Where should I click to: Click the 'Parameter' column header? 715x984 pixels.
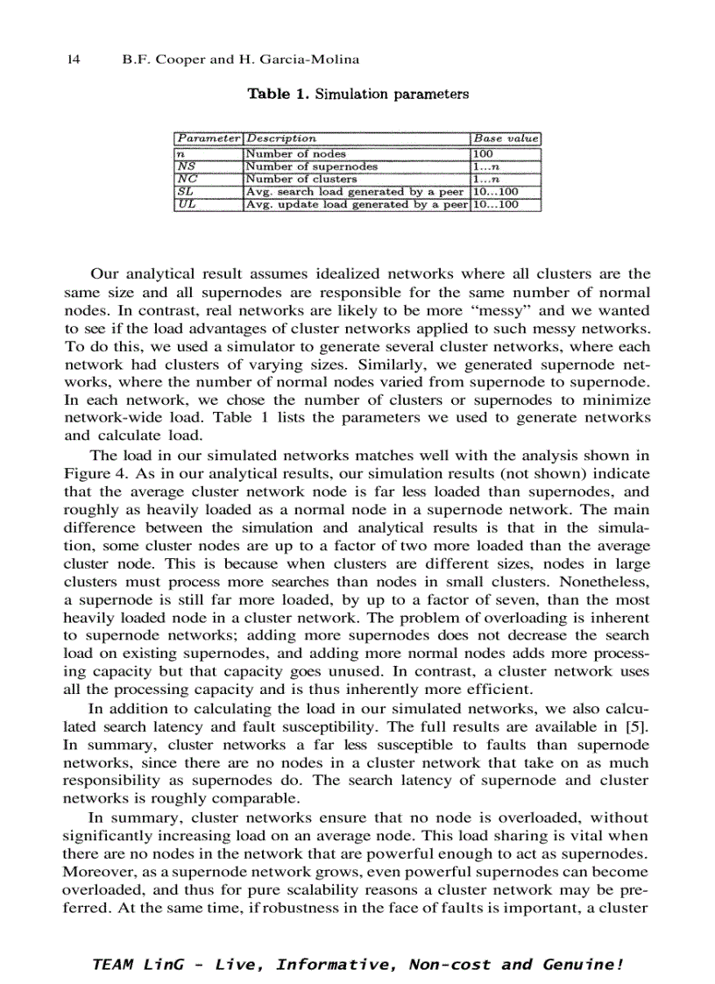click(208, 138)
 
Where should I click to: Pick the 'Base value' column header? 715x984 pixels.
click(505, 138)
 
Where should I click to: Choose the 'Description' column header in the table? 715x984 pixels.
click(281, 138)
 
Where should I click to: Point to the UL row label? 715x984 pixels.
click(185, 205)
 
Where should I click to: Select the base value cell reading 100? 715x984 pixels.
click(483, 154)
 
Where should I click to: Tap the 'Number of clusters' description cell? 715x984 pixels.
click(301, 180)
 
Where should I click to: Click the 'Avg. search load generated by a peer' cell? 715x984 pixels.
click(357, 192)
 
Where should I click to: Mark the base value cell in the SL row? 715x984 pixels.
click(495, 192)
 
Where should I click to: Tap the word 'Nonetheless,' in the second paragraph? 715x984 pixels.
click(606, 582)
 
